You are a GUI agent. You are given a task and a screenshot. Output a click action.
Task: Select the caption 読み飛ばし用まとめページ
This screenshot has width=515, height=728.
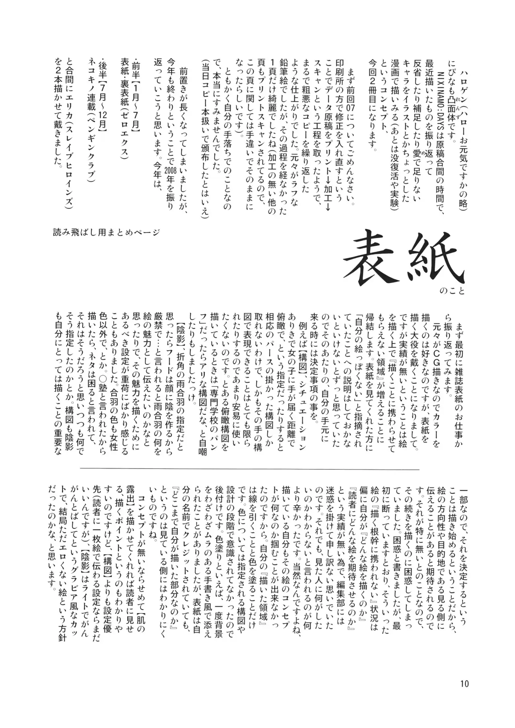click(107, 232)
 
